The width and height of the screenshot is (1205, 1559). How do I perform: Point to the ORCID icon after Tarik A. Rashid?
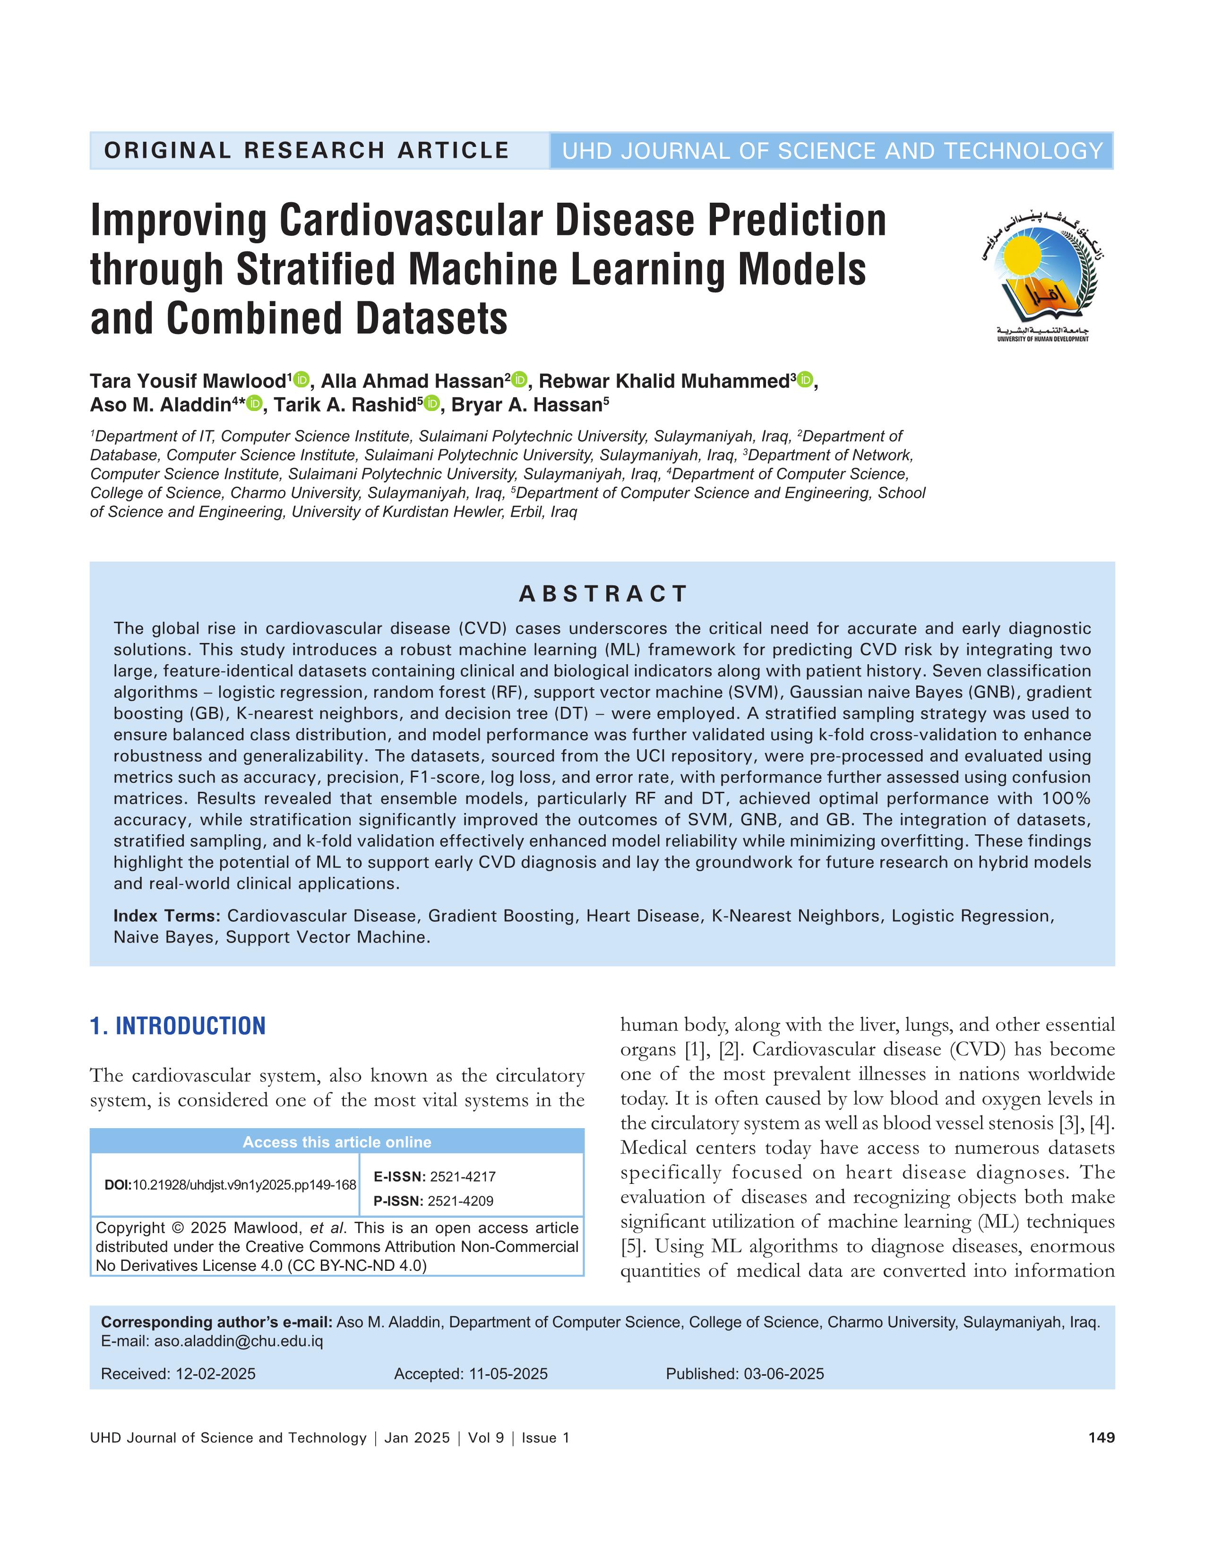pos(431,403)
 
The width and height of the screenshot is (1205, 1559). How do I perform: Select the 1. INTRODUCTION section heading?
pos(178,1026)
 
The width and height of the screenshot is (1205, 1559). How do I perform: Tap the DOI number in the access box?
pos(245,1185)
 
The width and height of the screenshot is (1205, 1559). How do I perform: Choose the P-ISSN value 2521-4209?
pos(460,1200)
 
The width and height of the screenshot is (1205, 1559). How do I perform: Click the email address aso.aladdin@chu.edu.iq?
pos(239,1341)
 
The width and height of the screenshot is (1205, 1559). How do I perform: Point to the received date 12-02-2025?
pos(215,1373)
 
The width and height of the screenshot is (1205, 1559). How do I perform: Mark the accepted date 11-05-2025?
pos(508,1373)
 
